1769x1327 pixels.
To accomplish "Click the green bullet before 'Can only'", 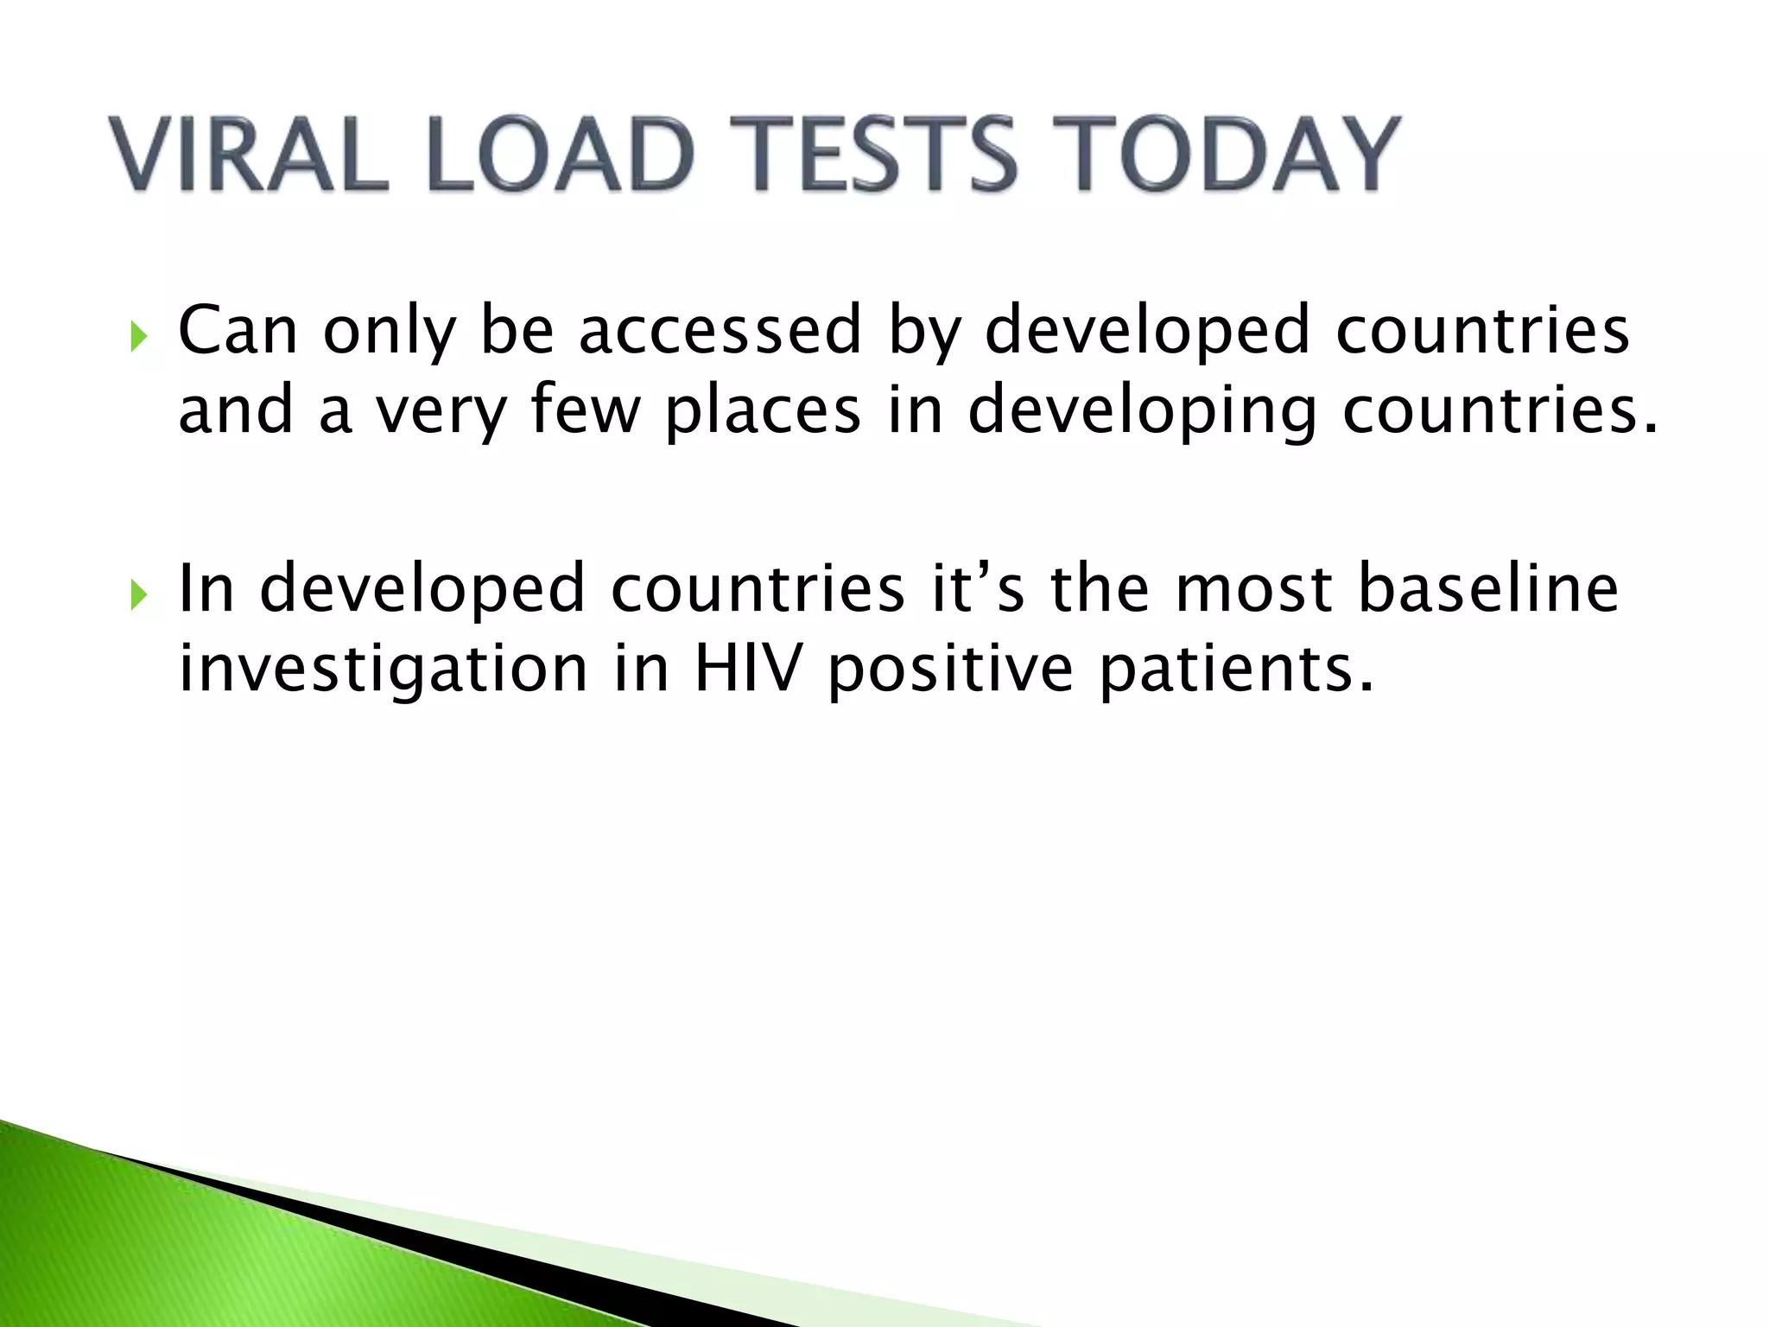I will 138,336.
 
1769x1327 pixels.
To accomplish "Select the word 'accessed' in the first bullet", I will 720,330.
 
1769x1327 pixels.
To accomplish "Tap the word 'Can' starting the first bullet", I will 238,330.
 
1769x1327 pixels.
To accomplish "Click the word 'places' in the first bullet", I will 763,410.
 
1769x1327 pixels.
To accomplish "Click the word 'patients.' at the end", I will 1235,670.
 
